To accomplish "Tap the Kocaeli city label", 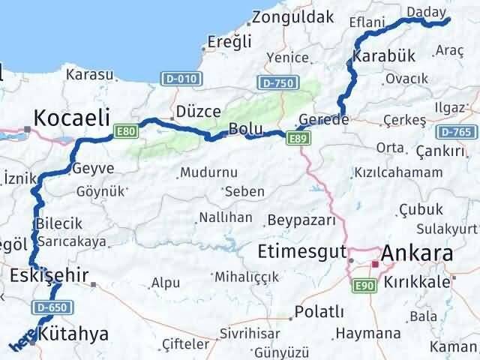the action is [x=72, y=118].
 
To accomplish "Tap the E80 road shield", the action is [x=126, y=132].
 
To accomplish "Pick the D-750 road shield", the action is [x=275, y=83].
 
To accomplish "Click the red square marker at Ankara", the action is [x=374, y=263].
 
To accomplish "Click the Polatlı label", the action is [x=319, y=311].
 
